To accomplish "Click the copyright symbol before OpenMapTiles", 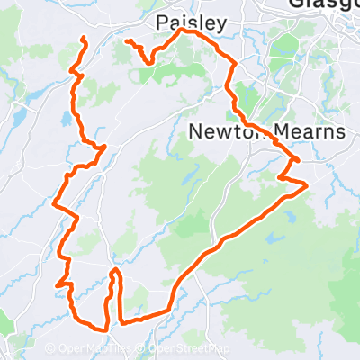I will (x=49, y=349).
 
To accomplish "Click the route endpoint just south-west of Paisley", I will (x=127, y=41).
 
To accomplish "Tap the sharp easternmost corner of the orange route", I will (x=308, y=184).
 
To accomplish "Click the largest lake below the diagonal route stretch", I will (x=271, y=240).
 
